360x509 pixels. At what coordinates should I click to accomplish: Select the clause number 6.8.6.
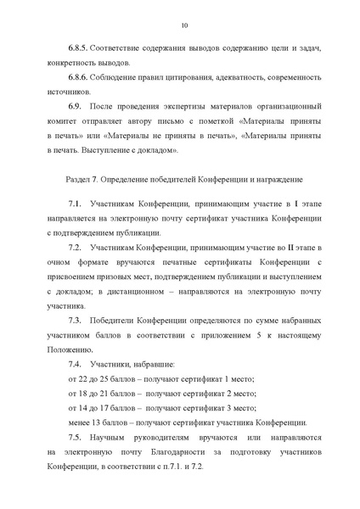[78, 76]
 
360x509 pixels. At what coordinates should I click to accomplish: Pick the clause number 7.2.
[75, 246]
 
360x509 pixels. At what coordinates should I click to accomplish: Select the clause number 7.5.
[75, 437]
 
